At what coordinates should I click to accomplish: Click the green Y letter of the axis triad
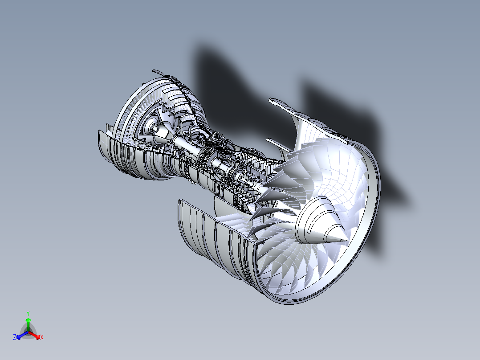tap(28, 313)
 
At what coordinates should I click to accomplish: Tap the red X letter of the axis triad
tap(41, 338)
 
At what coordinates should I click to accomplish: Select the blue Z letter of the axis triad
tap(15, 338)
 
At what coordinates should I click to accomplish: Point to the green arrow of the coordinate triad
tap(28, 323)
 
